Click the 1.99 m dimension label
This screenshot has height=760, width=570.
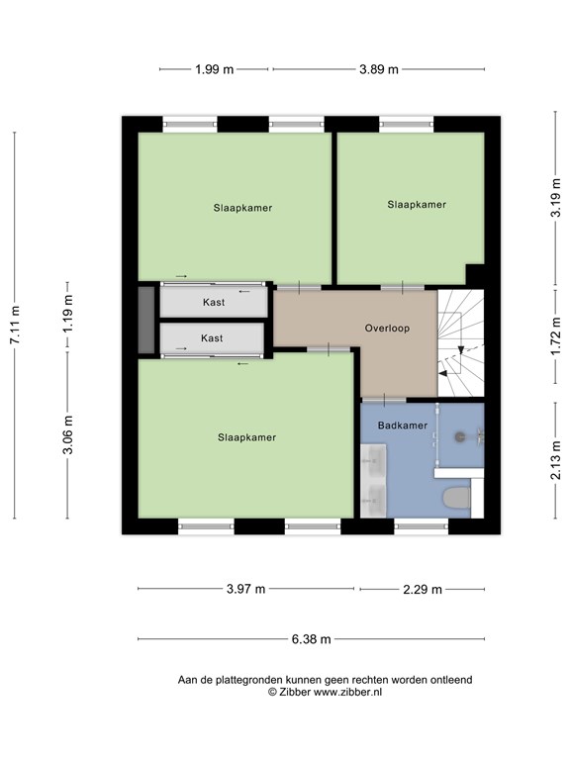pyautogui.click(x=214, y=69)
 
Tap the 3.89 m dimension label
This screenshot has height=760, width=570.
pyautogui.click(x=379, y=69)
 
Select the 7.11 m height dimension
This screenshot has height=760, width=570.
pyautogui.click(x=15, y=326)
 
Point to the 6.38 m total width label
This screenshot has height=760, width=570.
pyautogui.click(x=311, y=639)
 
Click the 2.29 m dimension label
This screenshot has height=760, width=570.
pyautogui.click(x=423, y=589)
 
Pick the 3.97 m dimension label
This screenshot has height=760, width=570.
pyautogui.click(x=245, y=589)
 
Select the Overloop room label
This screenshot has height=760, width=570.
pyautogui.click(x=387, y=329)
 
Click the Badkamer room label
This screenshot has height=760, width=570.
pyautogui.click(x=403, y=426)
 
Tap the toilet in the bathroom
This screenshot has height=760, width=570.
pyautogui.click(x=456, y=499)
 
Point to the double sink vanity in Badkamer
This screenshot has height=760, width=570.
pyautogui.click(x=373, y=480)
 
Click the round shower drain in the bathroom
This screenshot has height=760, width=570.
pyautogui.click(x=459, y=436)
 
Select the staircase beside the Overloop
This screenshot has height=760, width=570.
pyautogui.click(x=461, y=342)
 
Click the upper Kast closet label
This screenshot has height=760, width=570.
pyautogui.click(x=214, y=302)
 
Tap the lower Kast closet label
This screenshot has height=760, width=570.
pyautogui.click(x=212, y=337)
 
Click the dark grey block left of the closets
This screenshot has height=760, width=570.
pyautogui.click(x=146, y=320)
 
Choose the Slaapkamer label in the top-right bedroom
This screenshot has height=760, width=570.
pyautogui.click(x=417, y=205)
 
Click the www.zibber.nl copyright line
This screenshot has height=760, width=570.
pyautogui.click(x=325, y=692)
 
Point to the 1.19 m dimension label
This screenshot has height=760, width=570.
pyautogui.click(x=68, y=313)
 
